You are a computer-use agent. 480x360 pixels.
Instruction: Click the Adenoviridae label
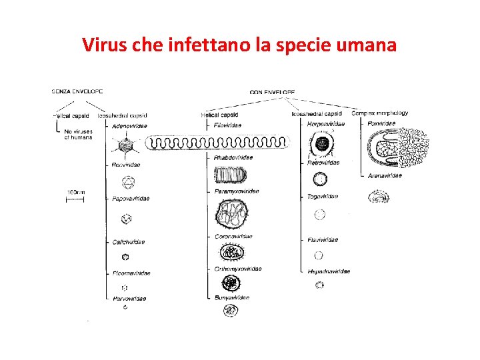pos(130,125)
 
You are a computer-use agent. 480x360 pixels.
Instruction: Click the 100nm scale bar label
pos(75,192)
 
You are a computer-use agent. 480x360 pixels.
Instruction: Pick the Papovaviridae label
pos(131,198)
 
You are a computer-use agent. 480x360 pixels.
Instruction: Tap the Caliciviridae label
pos(129,241)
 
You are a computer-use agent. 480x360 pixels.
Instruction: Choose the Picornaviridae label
pos(131,273)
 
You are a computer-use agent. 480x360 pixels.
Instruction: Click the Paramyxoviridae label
pos(237,191)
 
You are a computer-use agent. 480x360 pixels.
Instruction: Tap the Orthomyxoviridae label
pos(238,269)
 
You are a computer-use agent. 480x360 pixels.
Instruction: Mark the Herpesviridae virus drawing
pos(323,143)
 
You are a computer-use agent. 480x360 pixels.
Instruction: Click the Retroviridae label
pos(323,162)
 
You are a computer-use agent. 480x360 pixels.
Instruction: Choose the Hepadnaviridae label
pos(329,271)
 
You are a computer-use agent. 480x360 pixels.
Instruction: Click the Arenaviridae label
pos(385,175)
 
